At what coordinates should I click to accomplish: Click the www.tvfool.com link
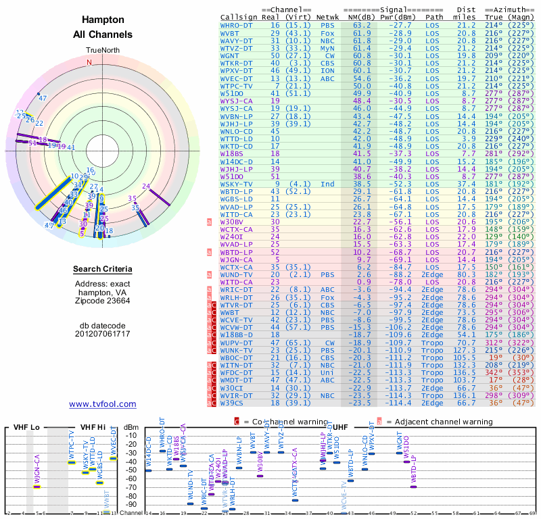pos(103,404)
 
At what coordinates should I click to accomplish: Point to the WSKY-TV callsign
pos(237,184)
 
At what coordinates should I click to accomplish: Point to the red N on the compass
pos(89,62)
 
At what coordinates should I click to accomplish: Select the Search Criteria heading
pos(103,270)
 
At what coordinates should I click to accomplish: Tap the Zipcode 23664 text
pos(103,301)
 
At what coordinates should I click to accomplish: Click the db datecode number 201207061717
pos(103,334)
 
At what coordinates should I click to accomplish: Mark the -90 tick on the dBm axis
pos(131,505)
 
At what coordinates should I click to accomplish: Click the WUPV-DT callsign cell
pos(237,343)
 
